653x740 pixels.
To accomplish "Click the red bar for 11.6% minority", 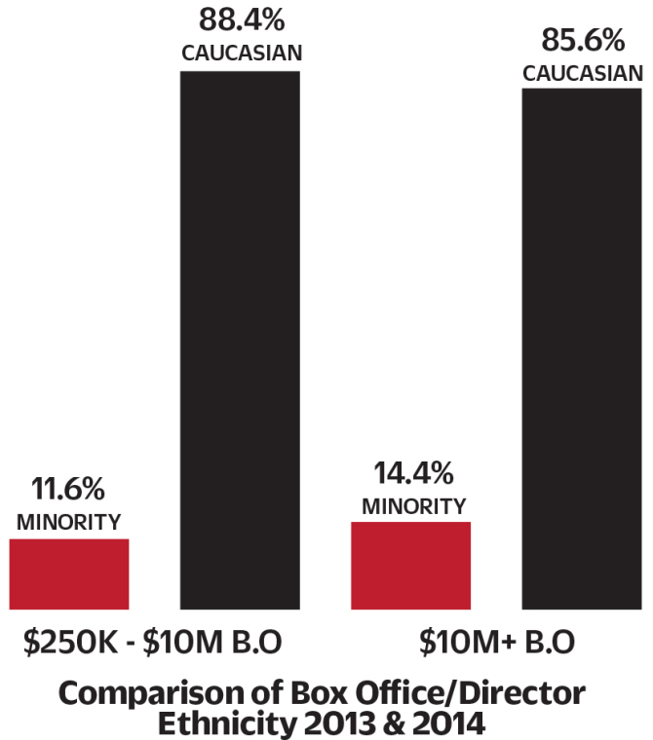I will click(x=69, y=573).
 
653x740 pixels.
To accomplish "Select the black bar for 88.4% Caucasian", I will click(x=240, y=340).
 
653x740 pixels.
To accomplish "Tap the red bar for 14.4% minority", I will click(x=410, y=566).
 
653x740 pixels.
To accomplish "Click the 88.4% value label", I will click(x=240, y=20).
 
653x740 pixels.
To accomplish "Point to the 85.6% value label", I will click(x=582, y=41).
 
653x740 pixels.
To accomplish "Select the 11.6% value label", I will click(x=68, y=490).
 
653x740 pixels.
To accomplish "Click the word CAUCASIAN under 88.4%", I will click(x=240, y=53).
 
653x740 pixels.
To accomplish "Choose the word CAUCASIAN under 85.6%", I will click(x=582, y=73).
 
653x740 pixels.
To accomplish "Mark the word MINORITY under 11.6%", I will click(x=69, y=522).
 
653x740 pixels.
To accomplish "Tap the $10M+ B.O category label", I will click(x=498, y=644).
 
